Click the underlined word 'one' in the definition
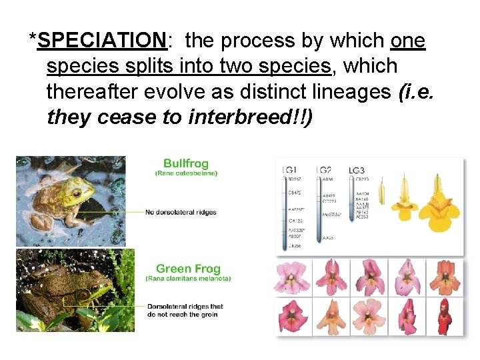click(407, 41)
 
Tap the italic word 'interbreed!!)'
click(249, 117)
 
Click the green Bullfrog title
click(186, 163)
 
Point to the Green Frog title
click(188, 269)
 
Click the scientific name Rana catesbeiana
click(186, 173)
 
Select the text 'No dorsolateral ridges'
click(181, 213)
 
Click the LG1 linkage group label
click(290, 171)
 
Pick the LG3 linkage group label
click(357, 171)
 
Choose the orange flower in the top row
click(444, 278)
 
